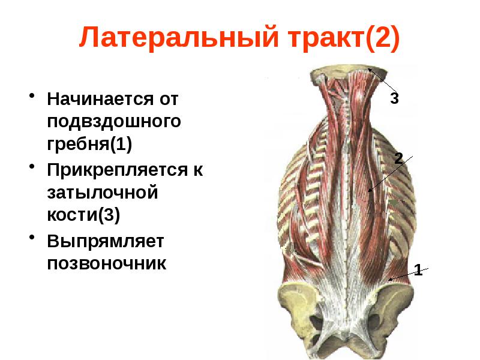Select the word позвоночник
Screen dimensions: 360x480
pyautogui.click(x=107, y=264)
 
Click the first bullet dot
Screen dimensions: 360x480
pyautogui.click(x=31, y=96)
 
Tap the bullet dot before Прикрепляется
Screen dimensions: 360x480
pyautogui.click(x=31, y=169)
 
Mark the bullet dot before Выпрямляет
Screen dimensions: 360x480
pyautogui.click(x=31, y=239)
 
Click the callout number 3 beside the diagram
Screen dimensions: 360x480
pyautogui.click(x=394, y=98)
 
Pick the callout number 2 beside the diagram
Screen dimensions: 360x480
pyautogui.click(x=398, y=158)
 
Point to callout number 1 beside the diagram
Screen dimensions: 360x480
pyautogui.click(x=418, y=271)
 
